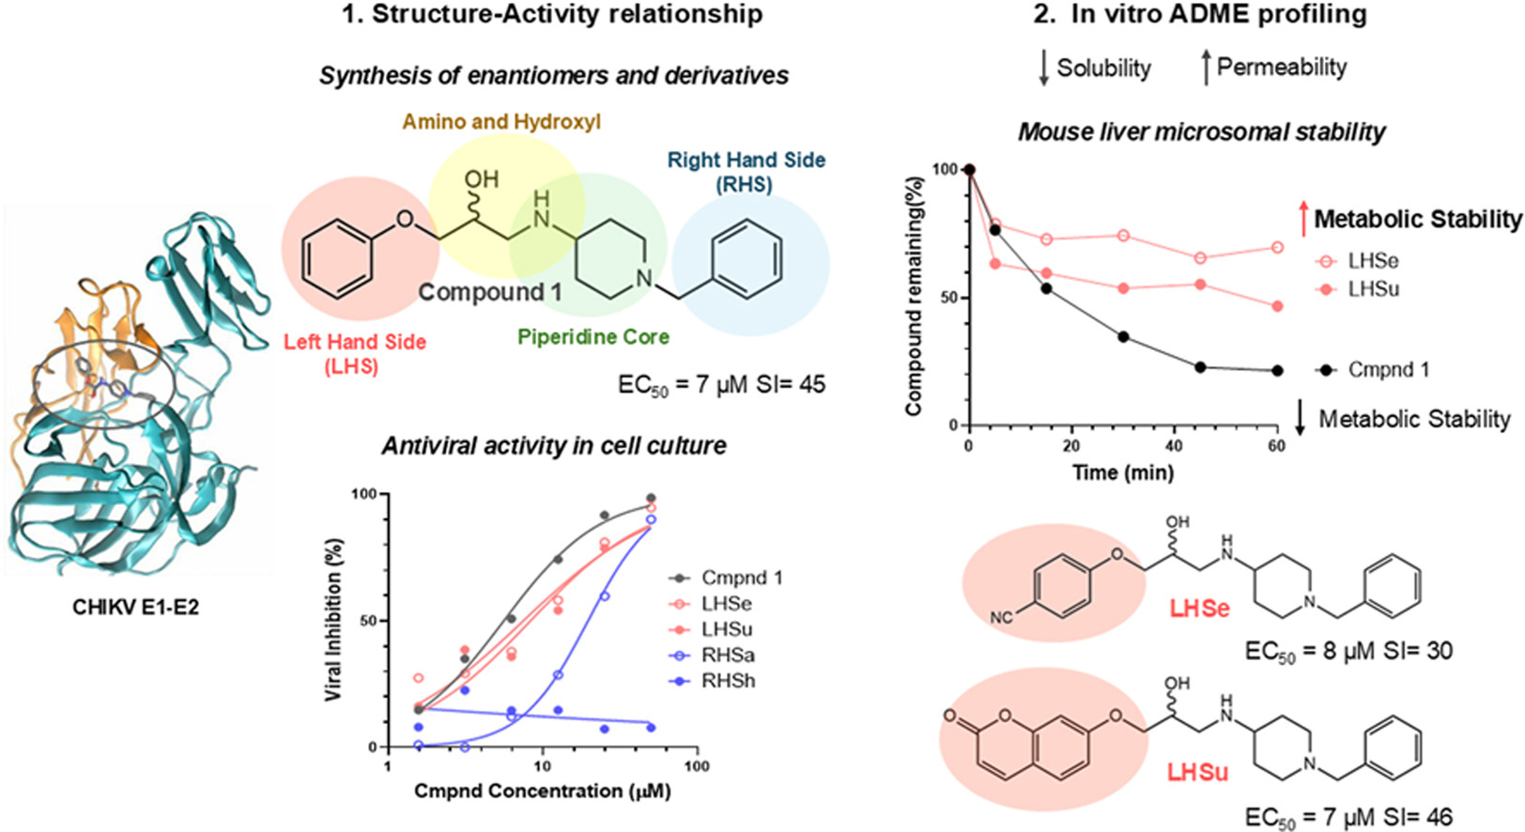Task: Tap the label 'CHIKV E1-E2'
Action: (x=135, y=608)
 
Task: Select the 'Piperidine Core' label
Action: (x=593, y=337)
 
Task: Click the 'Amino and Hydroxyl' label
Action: (x=501, y=122)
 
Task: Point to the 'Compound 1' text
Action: (x=490, y=292)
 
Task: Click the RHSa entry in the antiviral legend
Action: (x=727, y=655)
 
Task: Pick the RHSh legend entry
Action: (x=727, y=681)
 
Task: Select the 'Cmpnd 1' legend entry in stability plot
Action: (x=1388, y=370)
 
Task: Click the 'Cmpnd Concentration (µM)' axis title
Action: (x=542, y=792)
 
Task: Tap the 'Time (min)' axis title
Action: (x=1123, y=472)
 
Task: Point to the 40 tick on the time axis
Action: (x=1174, y=446)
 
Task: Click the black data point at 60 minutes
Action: (x=1277, y=371)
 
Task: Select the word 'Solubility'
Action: (x=1103, y=68)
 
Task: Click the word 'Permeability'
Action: (x=1282, y=68)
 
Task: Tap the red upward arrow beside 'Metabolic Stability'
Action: (x=1302, y=220)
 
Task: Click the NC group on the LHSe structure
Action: (x=1001, y=618)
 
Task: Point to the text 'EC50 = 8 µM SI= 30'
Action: (x=1348, y=651)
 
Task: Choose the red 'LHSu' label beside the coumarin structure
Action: (x=1197, y=773)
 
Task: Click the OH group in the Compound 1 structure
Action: (x=481, y=179)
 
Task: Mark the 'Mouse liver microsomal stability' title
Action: (x=1201, y=132)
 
